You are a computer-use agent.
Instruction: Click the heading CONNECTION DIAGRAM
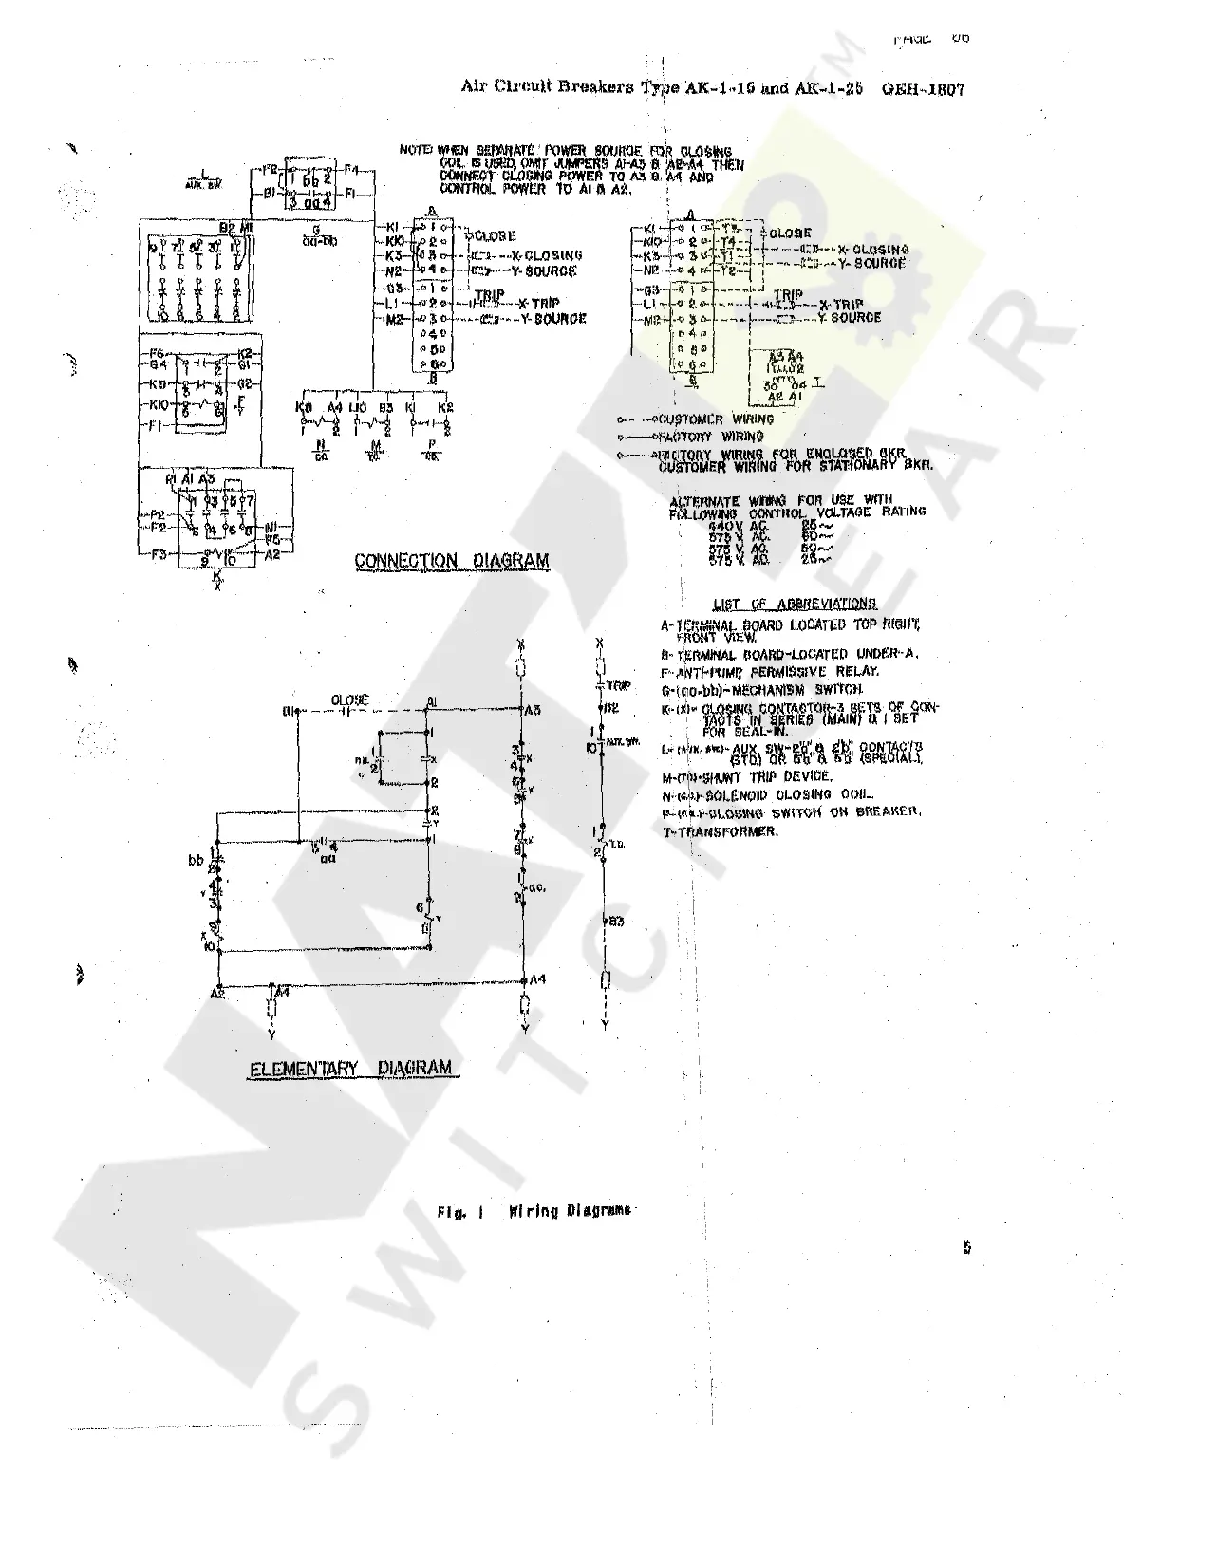[451, 561]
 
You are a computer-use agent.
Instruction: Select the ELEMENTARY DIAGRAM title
[350, 1069]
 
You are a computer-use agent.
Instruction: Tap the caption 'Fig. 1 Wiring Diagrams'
[534, 1211]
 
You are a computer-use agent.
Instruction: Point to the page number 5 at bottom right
[967, 1248]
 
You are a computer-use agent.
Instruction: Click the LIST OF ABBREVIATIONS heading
[794, 604]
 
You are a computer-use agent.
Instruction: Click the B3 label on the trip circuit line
[616, 921]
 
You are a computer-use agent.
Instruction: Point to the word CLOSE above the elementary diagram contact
[349, 700]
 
